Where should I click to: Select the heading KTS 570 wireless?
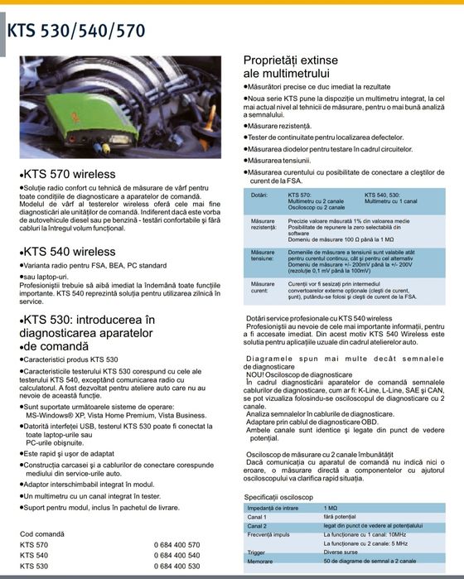[69, 176]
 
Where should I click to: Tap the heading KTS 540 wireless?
[69, 251]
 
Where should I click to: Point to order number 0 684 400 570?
[176, 544]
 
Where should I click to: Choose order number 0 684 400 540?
[176, 555]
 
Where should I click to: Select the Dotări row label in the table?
[259, 195]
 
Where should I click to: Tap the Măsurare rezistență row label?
[263, 225]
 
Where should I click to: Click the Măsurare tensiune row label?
[263, 256]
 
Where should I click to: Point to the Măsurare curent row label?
[263, 287]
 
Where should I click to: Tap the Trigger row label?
[256, 552]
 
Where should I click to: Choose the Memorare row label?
[260, 561]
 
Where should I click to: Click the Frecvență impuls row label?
[268, 534]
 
